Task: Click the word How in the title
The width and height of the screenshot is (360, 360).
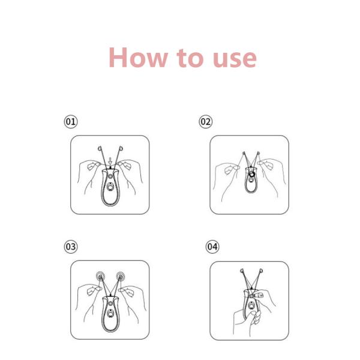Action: (x=138, y=58)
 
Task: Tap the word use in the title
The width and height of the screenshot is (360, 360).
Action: (x=235, y=59)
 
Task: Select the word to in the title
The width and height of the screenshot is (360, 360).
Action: (x=190, y=58)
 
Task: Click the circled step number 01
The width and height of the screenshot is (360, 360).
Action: (x=71, y=121)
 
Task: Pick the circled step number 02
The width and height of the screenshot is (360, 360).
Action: (x=205, y=121)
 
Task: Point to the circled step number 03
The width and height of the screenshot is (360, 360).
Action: (x=71, y=247)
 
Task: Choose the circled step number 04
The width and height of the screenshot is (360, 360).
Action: (x=212, y=247)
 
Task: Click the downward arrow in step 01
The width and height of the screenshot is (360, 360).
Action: (x=110, y=161)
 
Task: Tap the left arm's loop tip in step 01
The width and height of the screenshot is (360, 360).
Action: (x=100, y=148)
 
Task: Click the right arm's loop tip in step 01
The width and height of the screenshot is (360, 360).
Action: (x=121, y=148)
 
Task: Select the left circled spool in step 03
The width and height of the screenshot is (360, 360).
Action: (x=100, y=276)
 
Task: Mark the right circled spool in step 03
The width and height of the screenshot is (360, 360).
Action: (x=121, y=276)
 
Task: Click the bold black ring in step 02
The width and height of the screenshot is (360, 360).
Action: (x=252, y=174)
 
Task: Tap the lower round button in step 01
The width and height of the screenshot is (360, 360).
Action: (x=110, y=187)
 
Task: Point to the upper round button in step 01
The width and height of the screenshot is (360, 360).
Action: (x=110, y=176)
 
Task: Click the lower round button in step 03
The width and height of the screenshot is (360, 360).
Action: (x=110, y=313)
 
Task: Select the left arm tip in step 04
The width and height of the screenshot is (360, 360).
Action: (x=242, y=271)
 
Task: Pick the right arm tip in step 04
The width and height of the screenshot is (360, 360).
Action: (x=261, y=271)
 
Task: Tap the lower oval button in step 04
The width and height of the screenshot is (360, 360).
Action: (x=251, y=305)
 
